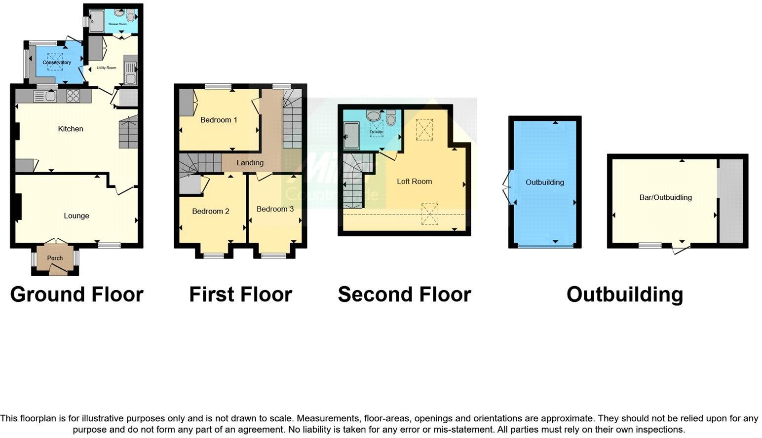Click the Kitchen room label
point(71,129)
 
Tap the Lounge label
point(76,216)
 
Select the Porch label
point(55,258)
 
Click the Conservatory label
point(57,63)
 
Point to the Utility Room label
point(107,68)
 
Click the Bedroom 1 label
point(219,120)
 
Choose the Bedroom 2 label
point(211,211)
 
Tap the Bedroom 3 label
point(275,209)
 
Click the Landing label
point(250,163)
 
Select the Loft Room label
point(414,182)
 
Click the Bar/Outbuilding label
point(665,197)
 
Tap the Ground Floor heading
point(76,294)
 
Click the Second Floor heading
point(404,294)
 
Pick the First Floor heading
point(240,294)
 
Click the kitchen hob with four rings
point(73,96)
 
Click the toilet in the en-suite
point(391,118)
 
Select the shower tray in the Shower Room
point(97,20)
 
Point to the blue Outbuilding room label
point(544,182)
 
